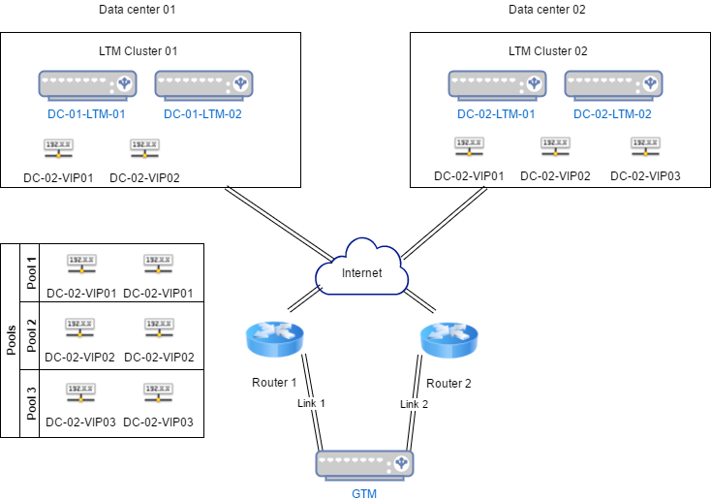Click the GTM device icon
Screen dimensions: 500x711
pyautogui.click(x=364, y=465)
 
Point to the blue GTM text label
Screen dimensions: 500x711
pyautogui.click(x=364, y=494)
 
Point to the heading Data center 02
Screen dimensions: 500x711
pyautogui.click(x=547, y=10)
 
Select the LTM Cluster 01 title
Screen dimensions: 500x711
pyautogui.click(x=139, y=50)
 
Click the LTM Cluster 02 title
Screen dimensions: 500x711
pyautogui.click(x=548, y=50)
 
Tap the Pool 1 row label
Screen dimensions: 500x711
pyautogui.click(x=31, y=273)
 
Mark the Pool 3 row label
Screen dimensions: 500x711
pyautogui.click(x=31, y=401)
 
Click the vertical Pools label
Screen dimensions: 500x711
pyautogui.click(x=12, y=339)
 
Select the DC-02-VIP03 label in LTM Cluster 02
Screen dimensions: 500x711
pyautogui.click(x=645, y=176)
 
